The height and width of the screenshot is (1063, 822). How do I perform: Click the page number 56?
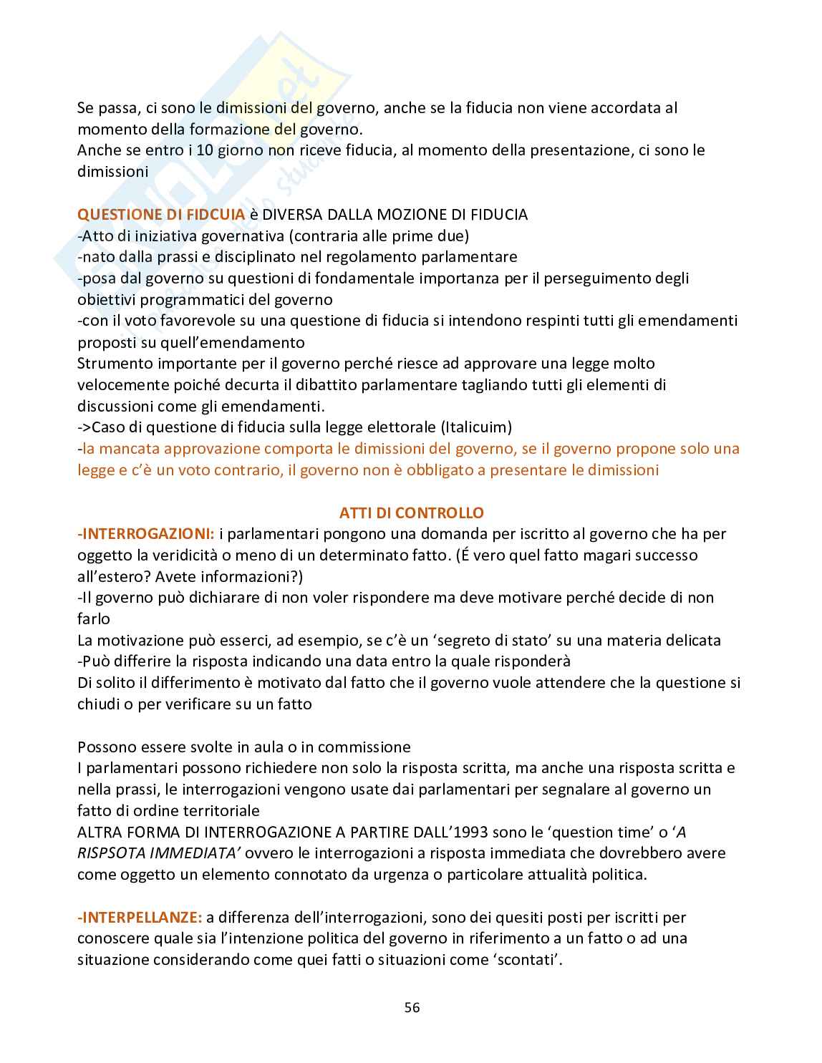pyautogui.click(x=412, y=1007)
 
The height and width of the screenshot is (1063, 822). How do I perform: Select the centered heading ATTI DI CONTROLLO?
pyautogui.click(x=411, y=513)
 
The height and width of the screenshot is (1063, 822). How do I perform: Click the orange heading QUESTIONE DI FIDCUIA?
pyautogui.click(x=161, y=214)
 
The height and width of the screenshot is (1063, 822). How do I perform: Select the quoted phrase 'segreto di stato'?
pyautogui.click(x=462, y=640)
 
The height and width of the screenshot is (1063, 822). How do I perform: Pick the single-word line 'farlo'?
pyautogui.click(x=94, y=618)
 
